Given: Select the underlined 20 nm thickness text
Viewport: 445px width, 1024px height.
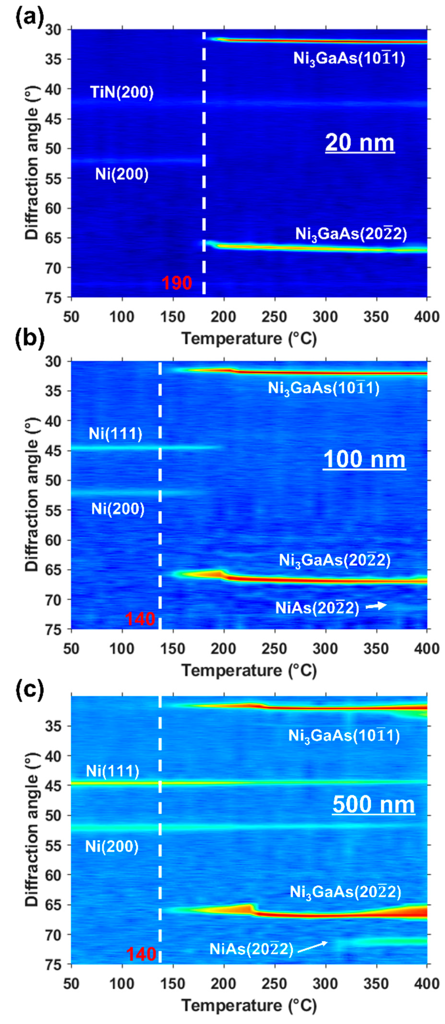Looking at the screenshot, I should pyautogui.click(x=360, y=142).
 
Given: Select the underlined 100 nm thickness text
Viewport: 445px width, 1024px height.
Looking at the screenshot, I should pyautogui.click(x=364, y=459).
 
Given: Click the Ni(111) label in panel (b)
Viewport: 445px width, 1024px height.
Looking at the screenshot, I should pyautogui.click(x=115, y=433).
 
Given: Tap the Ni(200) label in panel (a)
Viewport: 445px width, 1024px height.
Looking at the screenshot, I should pyautogui.click(x=122, y=174).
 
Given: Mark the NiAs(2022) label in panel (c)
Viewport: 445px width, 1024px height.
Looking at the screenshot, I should pyautogui.click(x=251, y=949).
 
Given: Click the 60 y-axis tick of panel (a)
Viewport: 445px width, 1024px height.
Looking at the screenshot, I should pyautogui.click(x=59, y=208).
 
